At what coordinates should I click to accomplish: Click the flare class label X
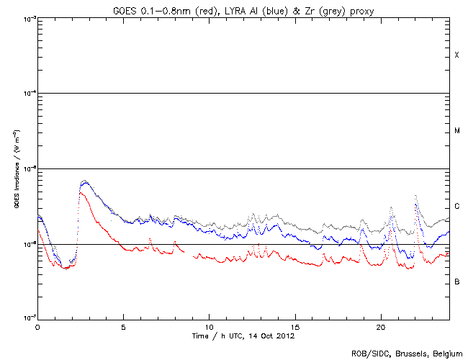tap(456, 55)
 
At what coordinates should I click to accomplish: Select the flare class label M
tap(456, 131)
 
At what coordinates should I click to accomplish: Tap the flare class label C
tap(456, 206)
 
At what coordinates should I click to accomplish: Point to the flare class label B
tap(456, 282)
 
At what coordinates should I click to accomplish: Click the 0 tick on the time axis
tap(37, 327)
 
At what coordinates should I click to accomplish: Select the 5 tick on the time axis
tap(123, 327)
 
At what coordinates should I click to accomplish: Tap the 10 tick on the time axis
tap(209, 327)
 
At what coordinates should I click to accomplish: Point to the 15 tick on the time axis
tap(294, 327)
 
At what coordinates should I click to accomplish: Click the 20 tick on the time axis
tap(380, 327)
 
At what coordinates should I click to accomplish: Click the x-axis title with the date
tap(243, 336)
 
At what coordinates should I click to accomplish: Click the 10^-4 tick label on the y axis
tap(29, 94)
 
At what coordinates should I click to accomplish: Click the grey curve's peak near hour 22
tap(415, 196)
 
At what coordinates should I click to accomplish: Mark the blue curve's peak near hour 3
tap(85, 183)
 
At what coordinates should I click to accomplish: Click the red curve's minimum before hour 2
tap(66, 269)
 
